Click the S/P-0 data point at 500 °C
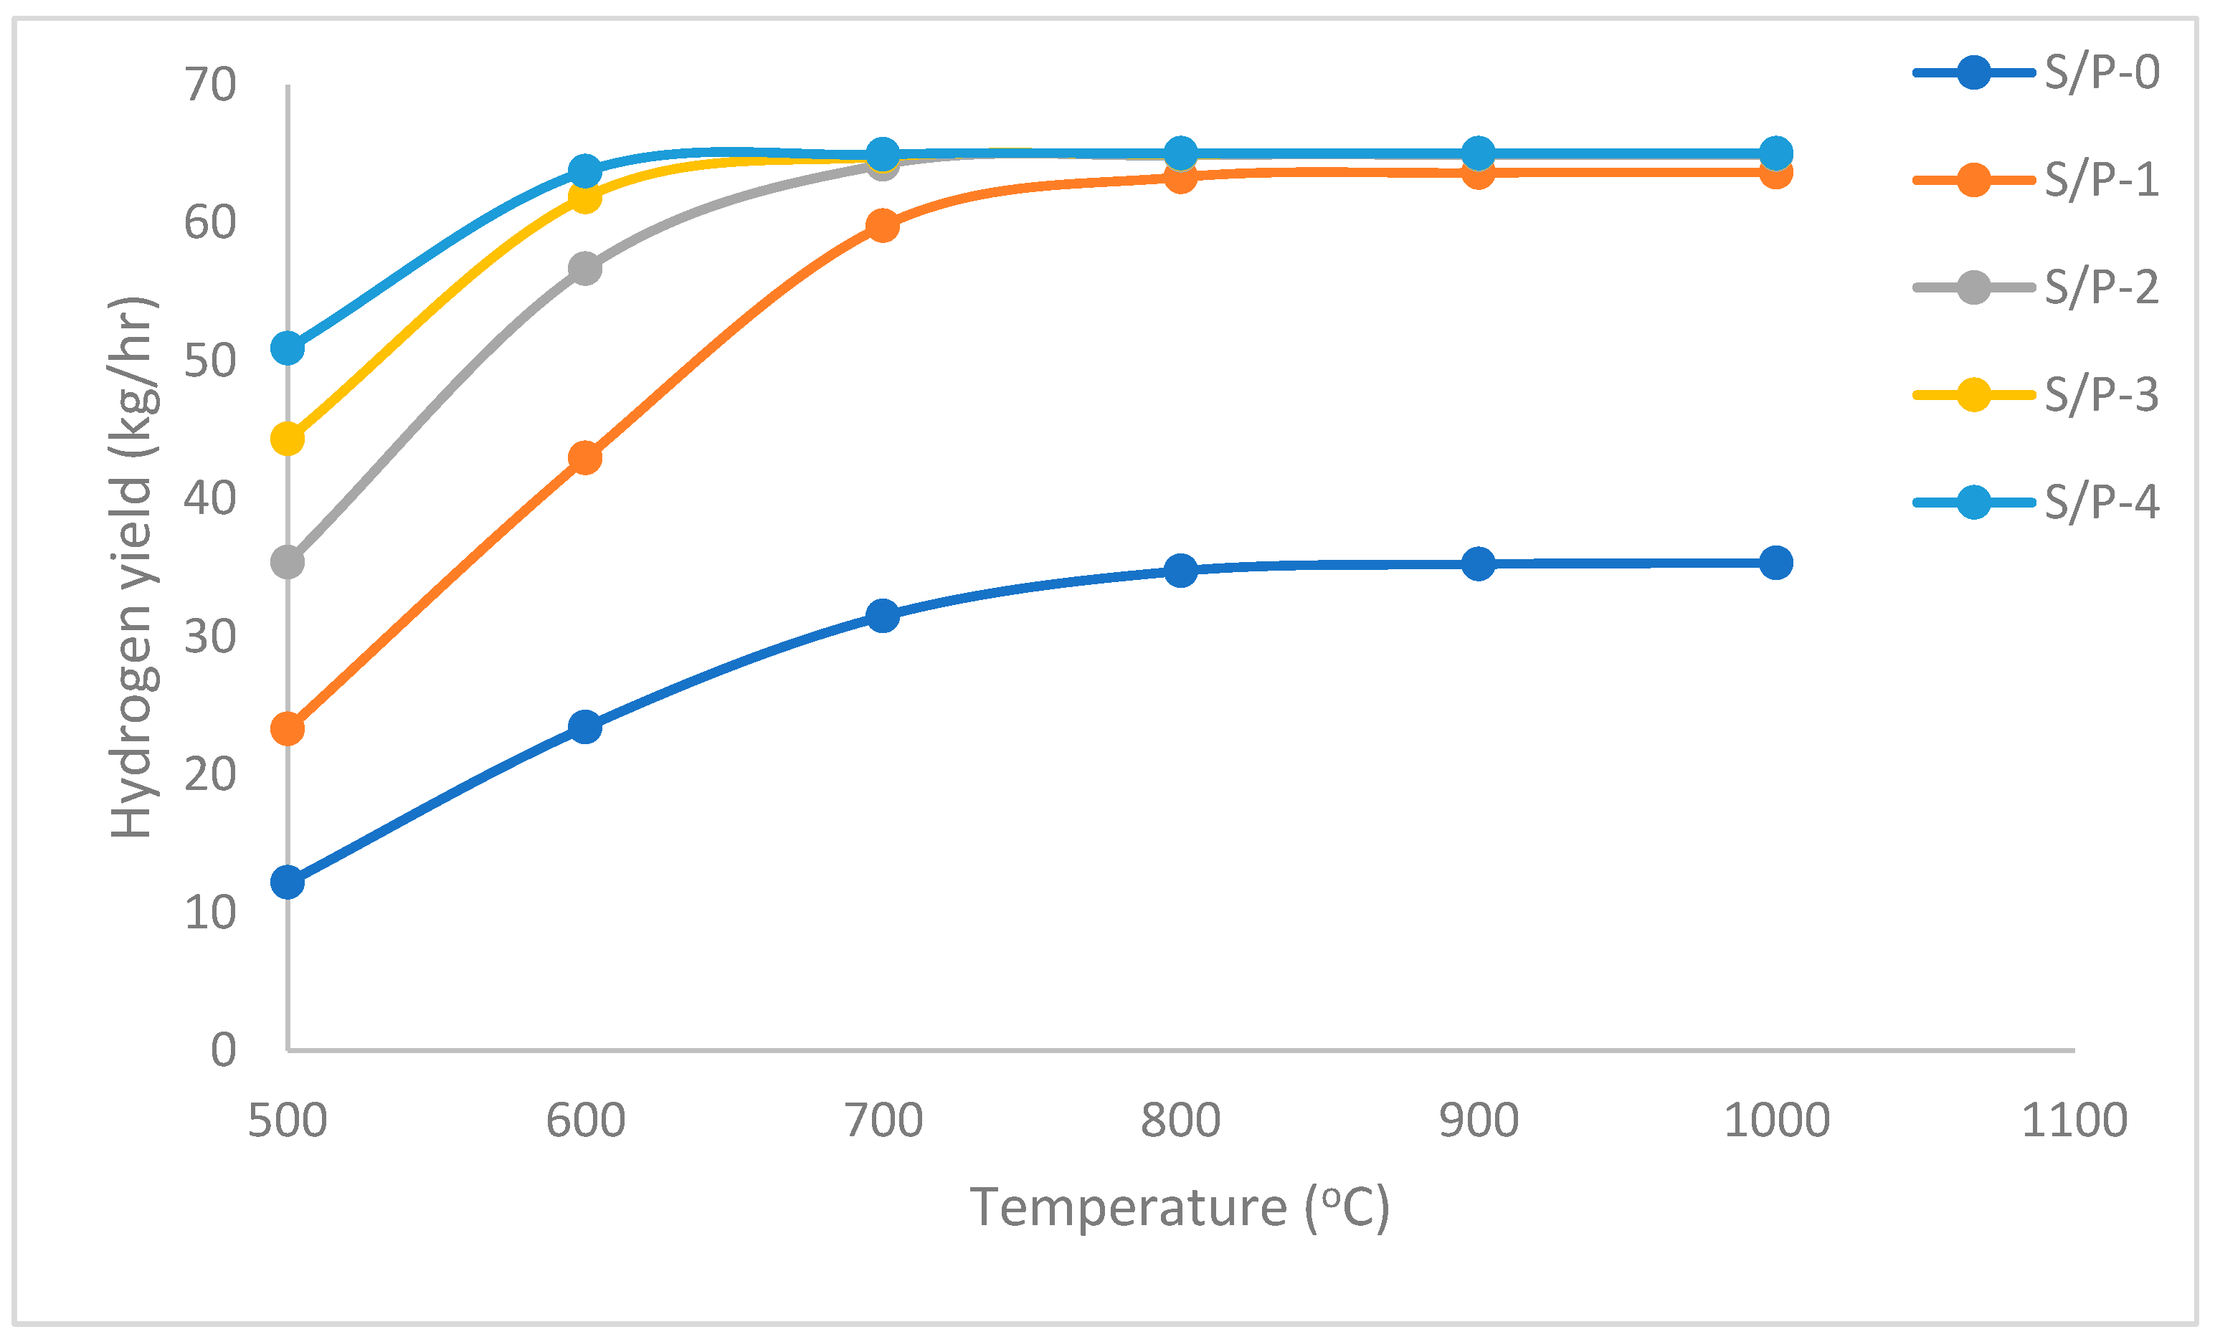[x=288, y=882]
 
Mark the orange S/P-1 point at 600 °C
[x=585, y=458]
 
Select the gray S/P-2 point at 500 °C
[x=288, y=563]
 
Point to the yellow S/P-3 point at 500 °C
[x=288, y=439]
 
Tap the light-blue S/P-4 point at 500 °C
[x=288, y=348]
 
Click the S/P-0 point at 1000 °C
[x=1775, y=563]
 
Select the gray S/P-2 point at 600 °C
[x=585, y=269]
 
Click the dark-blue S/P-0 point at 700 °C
[x=883, y=616]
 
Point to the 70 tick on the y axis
[x=210, y=85]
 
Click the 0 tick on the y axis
[x=223, y=1050]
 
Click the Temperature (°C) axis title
[x=1180, y=1207]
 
